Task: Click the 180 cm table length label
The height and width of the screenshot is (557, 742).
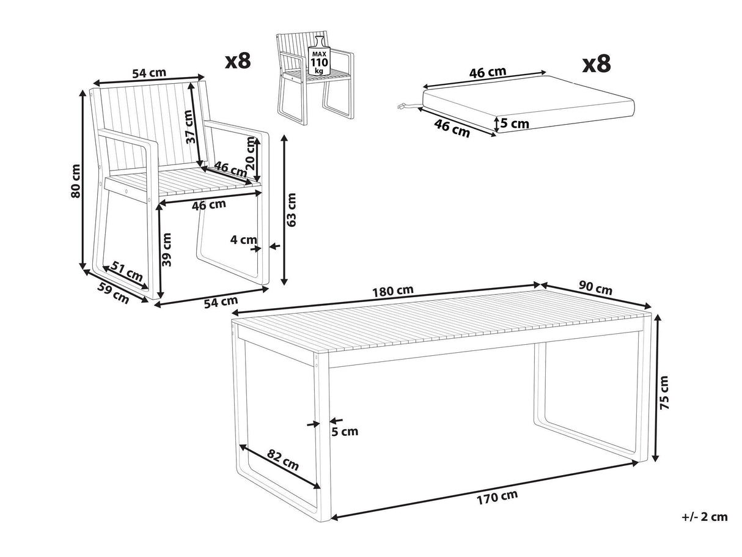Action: [x=393, y=290]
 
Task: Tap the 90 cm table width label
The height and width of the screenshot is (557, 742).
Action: [x=595, y=289]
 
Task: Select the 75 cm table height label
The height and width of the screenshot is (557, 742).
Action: [x=664, y=393]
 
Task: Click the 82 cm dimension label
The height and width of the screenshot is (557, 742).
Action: [x=283, y=460]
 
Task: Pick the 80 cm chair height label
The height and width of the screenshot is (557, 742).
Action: [x=76, y=181]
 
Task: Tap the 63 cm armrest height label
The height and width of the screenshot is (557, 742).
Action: [x=290, y=210]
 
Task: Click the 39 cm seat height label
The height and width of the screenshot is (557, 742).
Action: [x=166, y=249]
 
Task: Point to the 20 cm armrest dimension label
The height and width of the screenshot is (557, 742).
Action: [x=251, y=153]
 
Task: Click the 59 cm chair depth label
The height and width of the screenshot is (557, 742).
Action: [x=113, y=293]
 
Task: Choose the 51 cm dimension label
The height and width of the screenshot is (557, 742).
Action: [x=127, y=271]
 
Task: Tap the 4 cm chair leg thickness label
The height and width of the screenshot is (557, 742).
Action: [x=243, y=240]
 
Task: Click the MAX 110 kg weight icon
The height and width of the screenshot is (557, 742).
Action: [x=318, y=55]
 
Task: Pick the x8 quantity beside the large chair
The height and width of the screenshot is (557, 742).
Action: [x=238, y=61]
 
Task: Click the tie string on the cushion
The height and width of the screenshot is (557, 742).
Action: [x=408, y=106]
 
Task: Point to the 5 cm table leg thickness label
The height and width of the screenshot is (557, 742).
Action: [x=345, y=431]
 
